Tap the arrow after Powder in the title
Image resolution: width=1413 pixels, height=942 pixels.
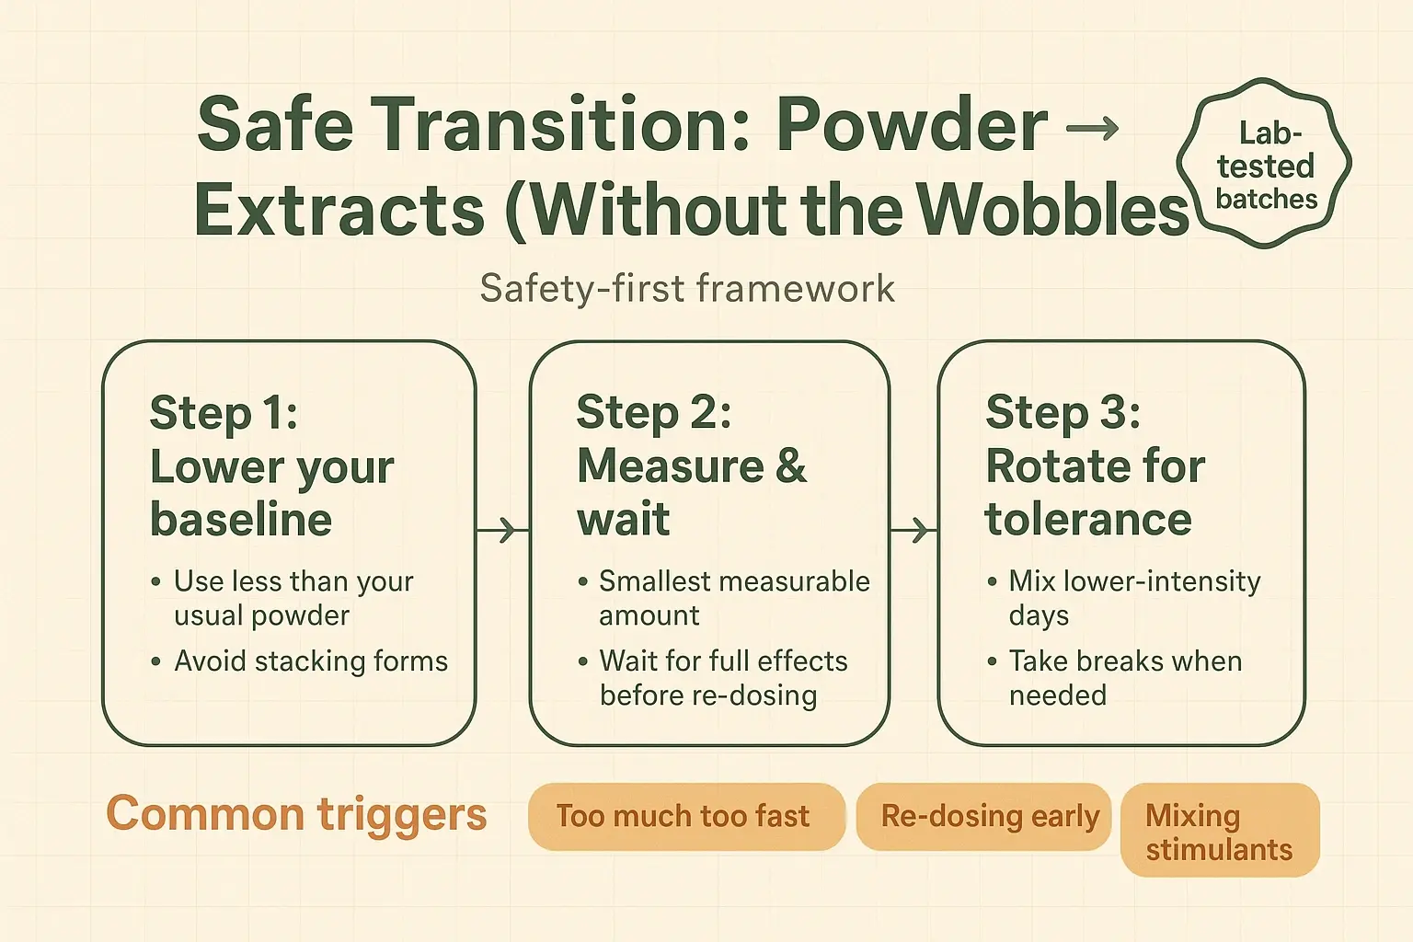(1092, 128)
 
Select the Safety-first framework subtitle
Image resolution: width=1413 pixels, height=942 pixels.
(687, 289)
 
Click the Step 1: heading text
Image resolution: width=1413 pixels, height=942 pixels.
(224, 413)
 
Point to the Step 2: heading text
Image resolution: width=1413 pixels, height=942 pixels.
(653, 413)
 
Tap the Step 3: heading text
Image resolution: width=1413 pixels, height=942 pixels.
(1063, 413)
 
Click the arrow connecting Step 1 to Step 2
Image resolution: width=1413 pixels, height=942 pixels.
(502, 530)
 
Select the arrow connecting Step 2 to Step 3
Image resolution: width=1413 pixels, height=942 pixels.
(913, 530)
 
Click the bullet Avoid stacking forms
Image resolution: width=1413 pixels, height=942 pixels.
(310, 661)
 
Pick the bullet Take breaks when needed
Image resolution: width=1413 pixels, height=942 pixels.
(1124, 678)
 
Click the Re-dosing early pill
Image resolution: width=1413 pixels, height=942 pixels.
(990, 817)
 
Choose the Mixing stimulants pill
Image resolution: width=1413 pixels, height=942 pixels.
(1219, 832)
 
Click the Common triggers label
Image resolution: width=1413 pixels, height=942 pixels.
(296, 814)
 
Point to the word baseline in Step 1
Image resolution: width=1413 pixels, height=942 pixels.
(241, 520)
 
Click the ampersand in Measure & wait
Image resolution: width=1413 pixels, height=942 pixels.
(790, 466)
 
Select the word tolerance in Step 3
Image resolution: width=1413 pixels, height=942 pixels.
(1088, 520)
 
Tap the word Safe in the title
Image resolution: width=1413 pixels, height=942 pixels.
(274, 125)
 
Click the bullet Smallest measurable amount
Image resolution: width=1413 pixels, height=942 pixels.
(733, 598)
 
